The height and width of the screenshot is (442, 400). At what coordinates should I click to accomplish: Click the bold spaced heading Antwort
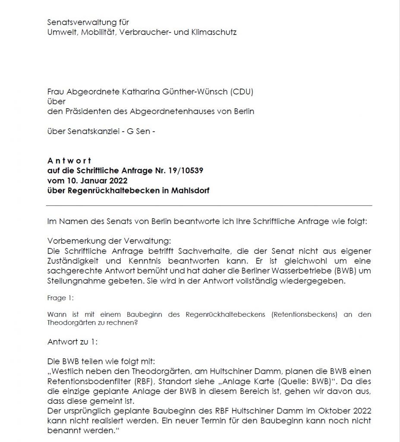click(69, 161)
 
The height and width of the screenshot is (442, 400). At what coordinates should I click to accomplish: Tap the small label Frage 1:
click(58, 298)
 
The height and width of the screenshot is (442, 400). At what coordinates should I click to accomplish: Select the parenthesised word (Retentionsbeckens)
click(304, 315)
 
